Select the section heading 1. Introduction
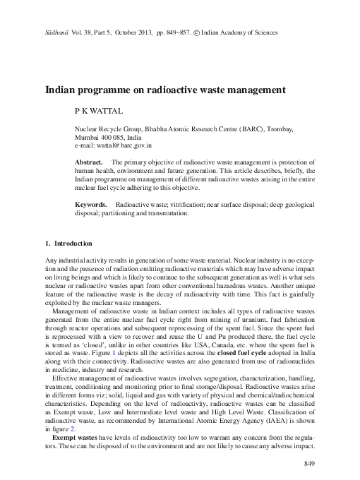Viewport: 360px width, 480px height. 68,244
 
